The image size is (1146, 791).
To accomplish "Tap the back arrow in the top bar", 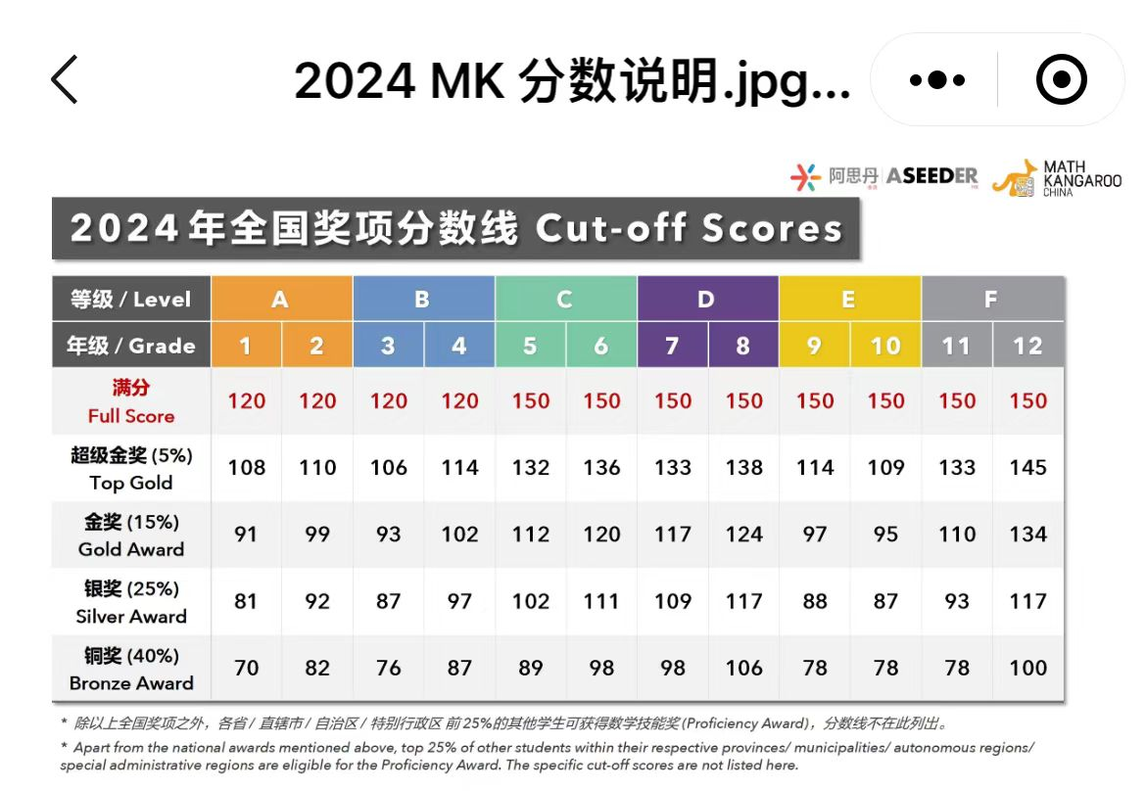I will [x=65, y=79].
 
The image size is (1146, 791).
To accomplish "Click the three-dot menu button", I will [x=936, y=80].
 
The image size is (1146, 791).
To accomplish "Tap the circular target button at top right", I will [x=1062, y=80].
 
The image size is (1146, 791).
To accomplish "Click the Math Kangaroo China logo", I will [x=1057, y=178].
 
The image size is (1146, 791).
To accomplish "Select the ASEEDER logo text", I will [x=931, y=176].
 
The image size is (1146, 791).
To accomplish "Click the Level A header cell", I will [x=281, y=300].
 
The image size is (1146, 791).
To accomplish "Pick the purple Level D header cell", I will [x=707, y=300].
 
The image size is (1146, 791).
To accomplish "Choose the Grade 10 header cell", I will [x=885, y=346].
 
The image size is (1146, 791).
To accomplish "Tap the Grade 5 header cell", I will [x=530, y=346].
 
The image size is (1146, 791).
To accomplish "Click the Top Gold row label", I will [x=131, y=469].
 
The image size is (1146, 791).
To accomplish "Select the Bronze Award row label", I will [x=131, y=670].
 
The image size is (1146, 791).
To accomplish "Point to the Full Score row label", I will [x=131, y=401].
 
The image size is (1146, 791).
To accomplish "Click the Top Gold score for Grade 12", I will [x=1027, y=468].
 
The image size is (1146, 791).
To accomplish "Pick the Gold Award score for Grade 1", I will [x=246, y=535].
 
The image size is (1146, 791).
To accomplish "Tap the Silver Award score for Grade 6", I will [x=601, y=601].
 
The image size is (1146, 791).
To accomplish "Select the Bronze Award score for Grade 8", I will [x=743, y=668].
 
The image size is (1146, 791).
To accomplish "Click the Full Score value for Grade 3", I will [x=388, y=401].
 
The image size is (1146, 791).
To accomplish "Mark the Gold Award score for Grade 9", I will [x=814, y=535].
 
